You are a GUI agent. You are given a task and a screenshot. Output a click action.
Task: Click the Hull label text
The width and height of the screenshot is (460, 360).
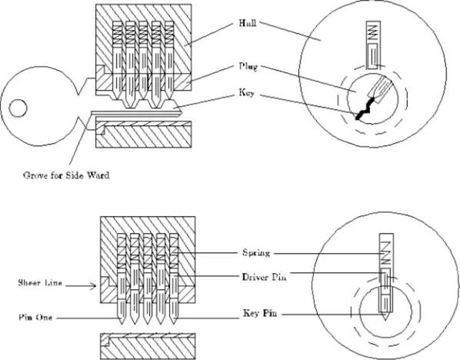(248, 23)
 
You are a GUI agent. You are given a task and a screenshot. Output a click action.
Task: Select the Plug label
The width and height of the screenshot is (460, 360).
(248, 67)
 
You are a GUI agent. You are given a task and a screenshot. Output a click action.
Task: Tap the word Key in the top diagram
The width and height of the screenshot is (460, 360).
(246, 94)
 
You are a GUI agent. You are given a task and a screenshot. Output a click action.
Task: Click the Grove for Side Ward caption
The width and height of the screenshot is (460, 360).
(66, 175)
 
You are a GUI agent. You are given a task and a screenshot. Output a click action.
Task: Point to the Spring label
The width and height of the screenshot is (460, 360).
(256, 253)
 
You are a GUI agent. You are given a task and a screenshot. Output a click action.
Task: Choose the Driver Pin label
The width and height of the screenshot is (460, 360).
(264, 277)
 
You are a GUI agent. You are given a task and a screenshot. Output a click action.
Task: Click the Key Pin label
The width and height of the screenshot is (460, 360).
(260, 313)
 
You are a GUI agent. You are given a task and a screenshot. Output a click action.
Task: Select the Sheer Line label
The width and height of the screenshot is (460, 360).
(40, 283)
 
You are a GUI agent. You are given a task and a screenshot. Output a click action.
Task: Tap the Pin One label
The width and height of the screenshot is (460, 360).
(35, 318)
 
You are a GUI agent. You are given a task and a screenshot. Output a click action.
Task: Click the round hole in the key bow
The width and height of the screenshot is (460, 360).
(18, 108)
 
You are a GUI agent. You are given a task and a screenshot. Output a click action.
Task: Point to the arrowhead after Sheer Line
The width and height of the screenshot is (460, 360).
(94, 285)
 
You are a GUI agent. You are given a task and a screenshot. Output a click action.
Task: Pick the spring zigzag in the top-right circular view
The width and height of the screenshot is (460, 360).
(373, 32)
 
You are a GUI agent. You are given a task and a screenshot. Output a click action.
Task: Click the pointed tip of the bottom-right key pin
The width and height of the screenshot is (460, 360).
(385, 319)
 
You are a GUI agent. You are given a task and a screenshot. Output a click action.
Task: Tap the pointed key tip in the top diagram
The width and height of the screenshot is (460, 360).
(182, 112)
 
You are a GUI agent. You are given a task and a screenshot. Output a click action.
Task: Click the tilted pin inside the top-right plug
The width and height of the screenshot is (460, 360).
(381, 88)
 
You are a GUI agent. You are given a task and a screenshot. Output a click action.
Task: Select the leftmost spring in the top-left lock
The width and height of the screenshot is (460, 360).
(117, 33)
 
